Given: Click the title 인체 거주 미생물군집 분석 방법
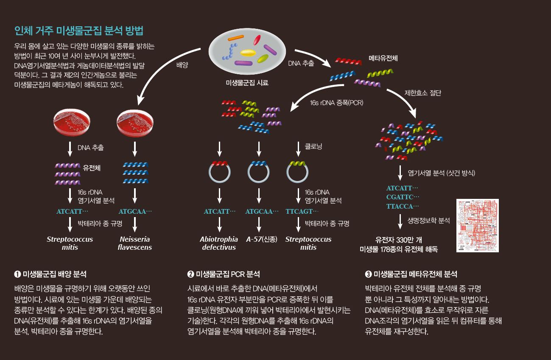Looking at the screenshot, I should [x=78, y=31].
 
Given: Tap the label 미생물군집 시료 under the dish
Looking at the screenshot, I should [x=247, y=83].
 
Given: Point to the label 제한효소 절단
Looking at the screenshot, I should [x=422, y=93].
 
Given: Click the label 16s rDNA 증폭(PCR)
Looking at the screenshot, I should [x=337, y=103].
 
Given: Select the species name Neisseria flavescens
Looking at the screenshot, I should [x=135, y=243].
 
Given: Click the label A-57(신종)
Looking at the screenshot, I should [x=261, y=239].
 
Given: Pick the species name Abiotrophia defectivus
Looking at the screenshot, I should [x=219, y=243].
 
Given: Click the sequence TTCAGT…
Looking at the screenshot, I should [x=302, y=211].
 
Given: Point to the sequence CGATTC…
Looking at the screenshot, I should [x=402, y=197].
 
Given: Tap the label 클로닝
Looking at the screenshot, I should [x=313, y=146].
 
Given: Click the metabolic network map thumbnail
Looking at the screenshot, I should [x=477, y=226].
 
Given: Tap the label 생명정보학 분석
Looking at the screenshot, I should [x=428, y=220].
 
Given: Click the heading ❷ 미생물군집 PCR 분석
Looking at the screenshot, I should [x=224, y=274].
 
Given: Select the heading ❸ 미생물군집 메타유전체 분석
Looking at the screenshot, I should [x=411, y=274].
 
